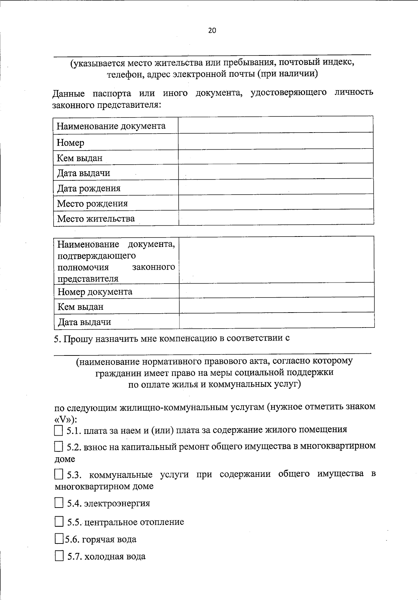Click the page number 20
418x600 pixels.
click(212, 30)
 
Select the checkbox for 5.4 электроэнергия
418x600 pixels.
click(59, 503)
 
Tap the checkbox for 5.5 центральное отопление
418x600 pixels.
click(59, 522)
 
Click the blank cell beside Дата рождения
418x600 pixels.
click(276, 187)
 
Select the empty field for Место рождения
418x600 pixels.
click(276, 202)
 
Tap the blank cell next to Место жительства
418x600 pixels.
click(276, 218)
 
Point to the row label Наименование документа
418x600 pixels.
click(111, 126)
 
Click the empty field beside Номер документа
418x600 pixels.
click(277, 290)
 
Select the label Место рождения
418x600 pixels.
click(92, 203)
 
